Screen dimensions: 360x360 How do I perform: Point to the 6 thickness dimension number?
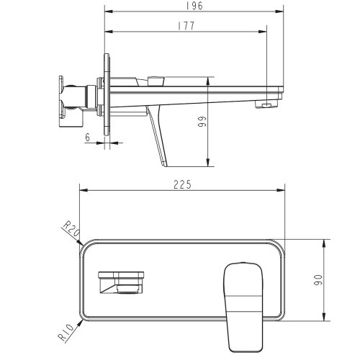(87, 135)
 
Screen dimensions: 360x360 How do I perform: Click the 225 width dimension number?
(182, 184)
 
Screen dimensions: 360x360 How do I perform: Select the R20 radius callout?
(71, 230)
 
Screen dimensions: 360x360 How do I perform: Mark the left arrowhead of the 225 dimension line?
(80, 192)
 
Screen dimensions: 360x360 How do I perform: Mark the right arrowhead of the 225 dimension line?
(286, 192)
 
